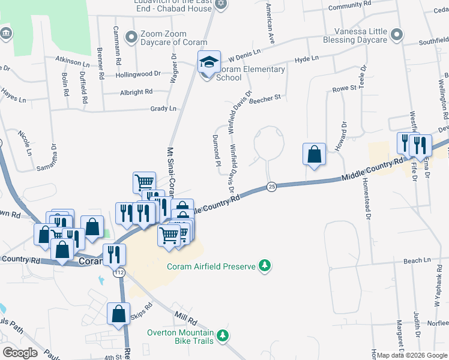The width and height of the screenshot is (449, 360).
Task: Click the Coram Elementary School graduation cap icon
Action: click(x=208, y=61)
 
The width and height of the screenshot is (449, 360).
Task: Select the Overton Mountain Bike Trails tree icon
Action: click(x=223, y=334)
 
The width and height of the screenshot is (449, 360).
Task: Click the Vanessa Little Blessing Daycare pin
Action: click(x=396, y=35)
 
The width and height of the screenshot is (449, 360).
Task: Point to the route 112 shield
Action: click(x=119, y=272)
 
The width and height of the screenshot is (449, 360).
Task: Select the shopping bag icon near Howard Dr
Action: click(x=315, y=154)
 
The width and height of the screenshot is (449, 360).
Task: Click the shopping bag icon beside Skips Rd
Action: click(x=119, y=313)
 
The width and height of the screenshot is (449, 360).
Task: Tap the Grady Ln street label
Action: click(x=164, y=109)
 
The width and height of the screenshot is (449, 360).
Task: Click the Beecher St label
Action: click(x=265, y=98)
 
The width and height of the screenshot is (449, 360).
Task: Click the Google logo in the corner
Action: click(x=20, y=352)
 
